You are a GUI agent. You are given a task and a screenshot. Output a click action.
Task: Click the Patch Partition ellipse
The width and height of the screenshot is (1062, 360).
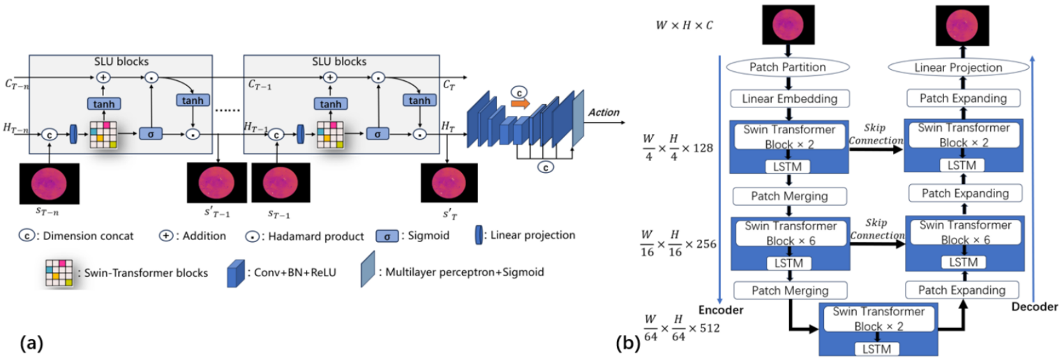point(788,68)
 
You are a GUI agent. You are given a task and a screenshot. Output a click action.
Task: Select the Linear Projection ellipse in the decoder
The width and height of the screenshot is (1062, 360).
point(959,68)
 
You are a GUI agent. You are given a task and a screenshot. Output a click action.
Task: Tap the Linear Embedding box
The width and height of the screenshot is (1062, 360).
point(788,98)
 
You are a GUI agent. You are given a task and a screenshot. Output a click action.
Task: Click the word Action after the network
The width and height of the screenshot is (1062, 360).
point(603,112)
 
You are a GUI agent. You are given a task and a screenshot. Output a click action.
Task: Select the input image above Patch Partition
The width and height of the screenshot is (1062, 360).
point(788,26)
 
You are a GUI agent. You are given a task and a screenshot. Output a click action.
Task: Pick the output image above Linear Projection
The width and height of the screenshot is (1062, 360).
point(960,26)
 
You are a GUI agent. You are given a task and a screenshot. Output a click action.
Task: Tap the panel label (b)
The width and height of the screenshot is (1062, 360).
point(626,343)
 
